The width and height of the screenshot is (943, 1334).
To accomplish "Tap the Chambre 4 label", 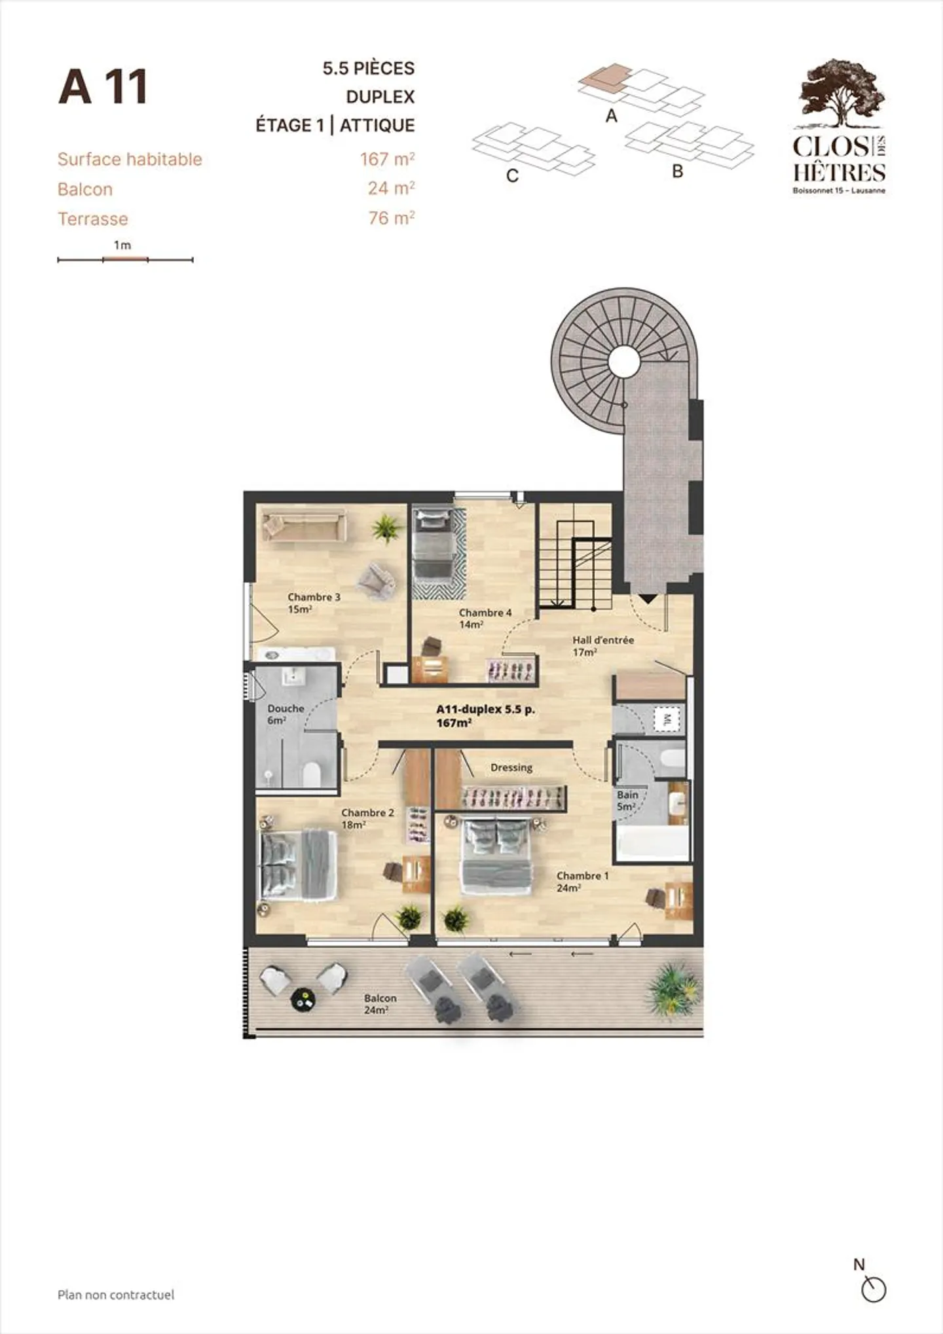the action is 485,619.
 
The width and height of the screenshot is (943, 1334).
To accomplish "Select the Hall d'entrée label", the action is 602,646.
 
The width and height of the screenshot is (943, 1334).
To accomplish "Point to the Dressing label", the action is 511,767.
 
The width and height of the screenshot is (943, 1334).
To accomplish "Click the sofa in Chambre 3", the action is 305,527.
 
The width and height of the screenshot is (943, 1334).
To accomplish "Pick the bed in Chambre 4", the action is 433,543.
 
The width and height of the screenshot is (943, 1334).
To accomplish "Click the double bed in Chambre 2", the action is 299,864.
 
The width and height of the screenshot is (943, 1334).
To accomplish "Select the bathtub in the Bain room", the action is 652,843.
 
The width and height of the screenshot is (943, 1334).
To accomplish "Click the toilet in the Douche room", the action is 312,774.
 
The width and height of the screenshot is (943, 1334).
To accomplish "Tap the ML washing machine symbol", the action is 667,721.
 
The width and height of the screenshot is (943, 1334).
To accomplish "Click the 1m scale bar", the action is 125,260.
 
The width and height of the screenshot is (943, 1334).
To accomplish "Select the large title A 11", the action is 103,87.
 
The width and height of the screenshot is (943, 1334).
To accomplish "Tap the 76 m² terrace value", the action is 392,218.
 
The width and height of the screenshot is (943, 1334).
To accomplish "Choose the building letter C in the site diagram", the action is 513,175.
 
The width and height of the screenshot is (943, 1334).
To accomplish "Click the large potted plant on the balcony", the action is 672,988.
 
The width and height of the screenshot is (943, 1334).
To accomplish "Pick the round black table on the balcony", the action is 303,1000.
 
